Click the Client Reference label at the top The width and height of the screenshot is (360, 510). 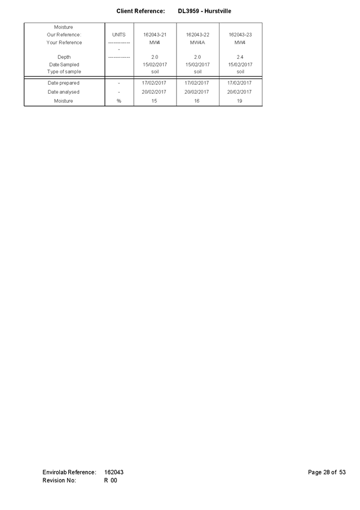coord(141,11)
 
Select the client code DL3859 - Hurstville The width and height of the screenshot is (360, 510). coord(205,11)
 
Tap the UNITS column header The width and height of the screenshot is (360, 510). coord(119,35)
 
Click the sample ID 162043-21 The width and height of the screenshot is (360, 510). coord(155,35)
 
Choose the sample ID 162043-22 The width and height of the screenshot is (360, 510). coord(197,35)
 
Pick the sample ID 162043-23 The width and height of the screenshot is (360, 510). coord(240,35)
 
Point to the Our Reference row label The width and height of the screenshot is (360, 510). coord(64,35)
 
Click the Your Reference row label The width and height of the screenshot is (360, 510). coord(64,42)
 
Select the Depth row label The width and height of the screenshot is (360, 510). coord(64,57)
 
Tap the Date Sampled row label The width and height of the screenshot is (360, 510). coord(64,64)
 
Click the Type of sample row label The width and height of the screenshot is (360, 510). coord(64,72)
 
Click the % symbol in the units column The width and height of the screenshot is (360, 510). coord(118,101)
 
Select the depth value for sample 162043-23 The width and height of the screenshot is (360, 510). coord(240,57)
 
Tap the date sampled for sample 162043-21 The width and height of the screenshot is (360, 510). coord(155,64)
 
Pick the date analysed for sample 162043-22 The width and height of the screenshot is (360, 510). coord(197,91)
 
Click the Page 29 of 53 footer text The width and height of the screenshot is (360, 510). coord(327,472)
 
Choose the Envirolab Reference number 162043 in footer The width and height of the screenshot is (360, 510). coord(114,472)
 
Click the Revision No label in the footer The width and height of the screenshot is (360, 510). coord(59,481)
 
